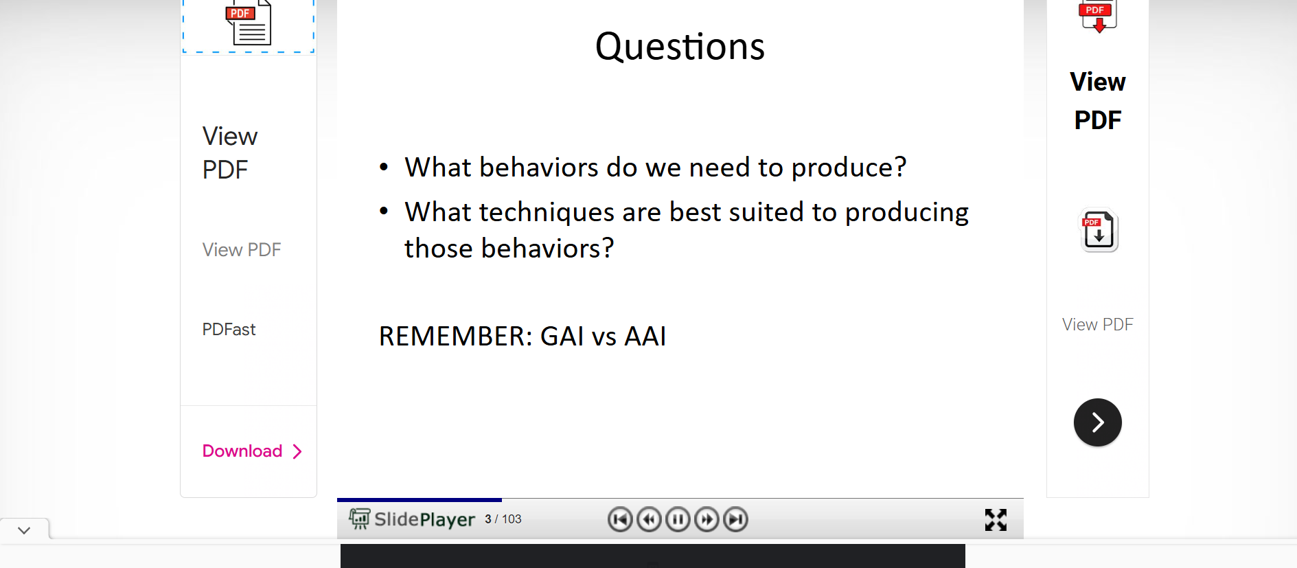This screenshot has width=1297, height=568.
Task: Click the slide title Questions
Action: (x=680, y=47)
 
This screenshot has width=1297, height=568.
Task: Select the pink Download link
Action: (x=252, y=451)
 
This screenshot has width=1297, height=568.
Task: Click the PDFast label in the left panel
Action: (x=229, y=330)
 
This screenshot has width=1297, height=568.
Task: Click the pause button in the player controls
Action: (x=678, y=519)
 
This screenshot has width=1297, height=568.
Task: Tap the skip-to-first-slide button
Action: (x=620, y=519)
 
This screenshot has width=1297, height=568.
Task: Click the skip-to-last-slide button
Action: (x=735, y=519)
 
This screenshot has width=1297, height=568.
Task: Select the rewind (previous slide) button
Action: (x=649, y=519)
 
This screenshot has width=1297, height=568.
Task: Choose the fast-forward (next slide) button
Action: (x=707, y=519)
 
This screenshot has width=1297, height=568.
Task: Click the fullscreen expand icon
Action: (x=996, y=520)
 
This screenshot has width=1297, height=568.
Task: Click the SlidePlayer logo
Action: (x=412, y=519)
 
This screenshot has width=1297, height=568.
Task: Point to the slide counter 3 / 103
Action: (x=503, y=519)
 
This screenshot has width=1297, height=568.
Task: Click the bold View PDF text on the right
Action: (x=1098, y=101)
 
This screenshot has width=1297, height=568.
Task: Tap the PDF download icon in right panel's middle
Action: (x=1099, y=230)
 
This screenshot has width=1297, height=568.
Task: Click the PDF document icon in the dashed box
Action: (x=249, y=23)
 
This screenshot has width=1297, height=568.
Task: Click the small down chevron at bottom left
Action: (x=24, y=530)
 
